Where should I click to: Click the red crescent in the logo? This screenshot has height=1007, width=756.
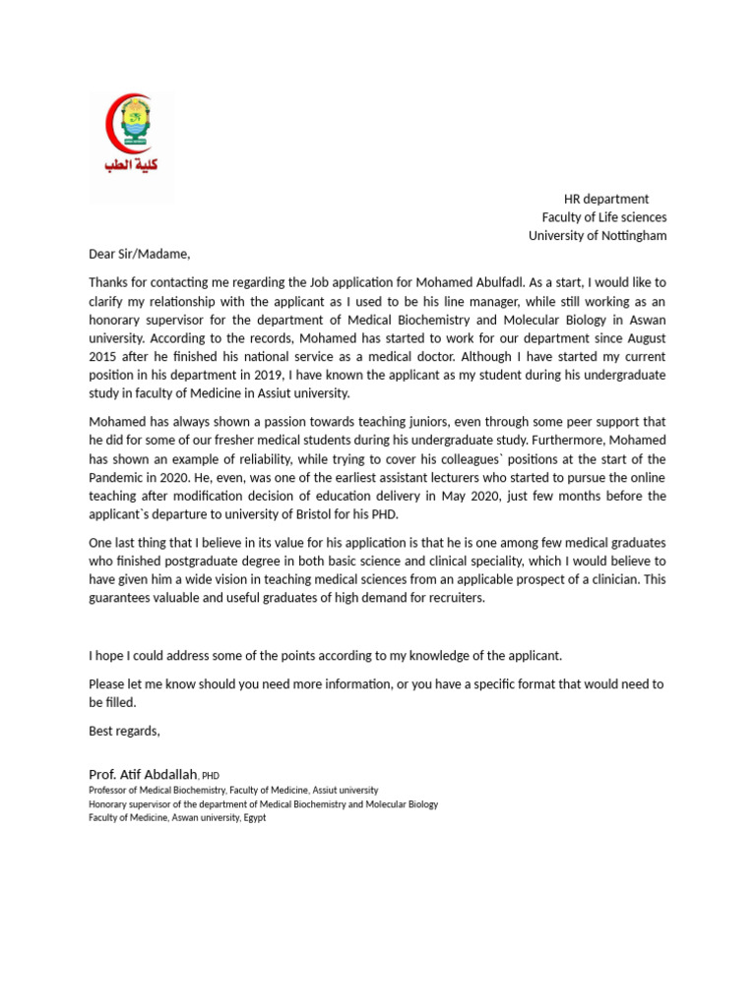point(111,125)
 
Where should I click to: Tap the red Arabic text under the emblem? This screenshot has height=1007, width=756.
point(130,164)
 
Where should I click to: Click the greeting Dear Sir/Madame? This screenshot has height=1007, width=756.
point(138,253)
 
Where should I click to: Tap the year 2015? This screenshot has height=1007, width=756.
point(105,356)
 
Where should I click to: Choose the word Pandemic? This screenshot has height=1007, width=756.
point(122,478)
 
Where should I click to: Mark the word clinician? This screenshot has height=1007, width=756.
point(615,580)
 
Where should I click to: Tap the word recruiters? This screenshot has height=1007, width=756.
point(453,599)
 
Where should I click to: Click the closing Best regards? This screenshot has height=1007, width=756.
point(124,731)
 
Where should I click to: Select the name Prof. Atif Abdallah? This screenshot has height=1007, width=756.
point(143,775)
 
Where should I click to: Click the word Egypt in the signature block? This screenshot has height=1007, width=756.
point(251,818)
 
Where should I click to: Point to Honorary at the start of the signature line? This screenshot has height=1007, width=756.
point(109,804)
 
